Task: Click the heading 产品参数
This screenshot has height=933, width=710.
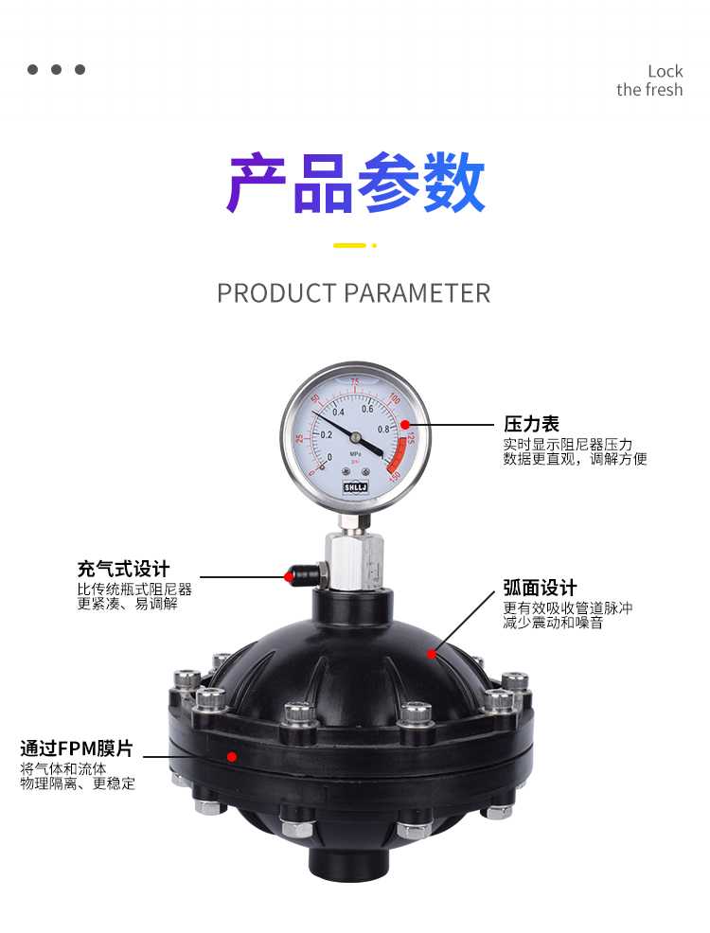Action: point(355,182)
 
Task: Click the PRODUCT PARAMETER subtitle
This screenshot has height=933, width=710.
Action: point(353,293)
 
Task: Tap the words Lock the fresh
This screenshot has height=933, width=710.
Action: point(649,80)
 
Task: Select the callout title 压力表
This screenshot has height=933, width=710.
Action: point(531,424)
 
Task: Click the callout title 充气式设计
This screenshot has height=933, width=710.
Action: point(123,569)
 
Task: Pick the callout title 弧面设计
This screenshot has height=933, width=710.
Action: point(540,588)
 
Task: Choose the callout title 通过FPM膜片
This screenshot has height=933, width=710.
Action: point(77,748)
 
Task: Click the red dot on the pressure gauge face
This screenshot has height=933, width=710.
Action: point(405,425)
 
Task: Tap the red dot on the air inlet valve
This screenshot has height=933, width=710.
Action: point(290,576)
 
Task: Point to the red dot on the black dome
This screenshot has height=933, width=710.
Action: point(432,654)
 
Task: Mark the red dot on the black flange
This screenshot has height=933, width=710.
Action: point(232,756)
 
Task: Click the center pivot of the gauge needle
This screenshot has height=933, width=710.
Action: point(355,437)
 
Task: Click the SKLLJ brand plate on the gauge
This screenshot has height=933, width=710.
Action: point(356,487)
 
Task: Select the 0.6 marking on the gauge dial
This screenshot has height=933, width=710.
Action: point(367,410)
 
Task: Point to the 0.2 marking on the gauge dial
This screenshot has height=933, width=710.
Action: point(327,435)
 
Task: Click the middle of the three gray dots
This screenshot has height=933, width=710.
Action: point(57,70)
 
